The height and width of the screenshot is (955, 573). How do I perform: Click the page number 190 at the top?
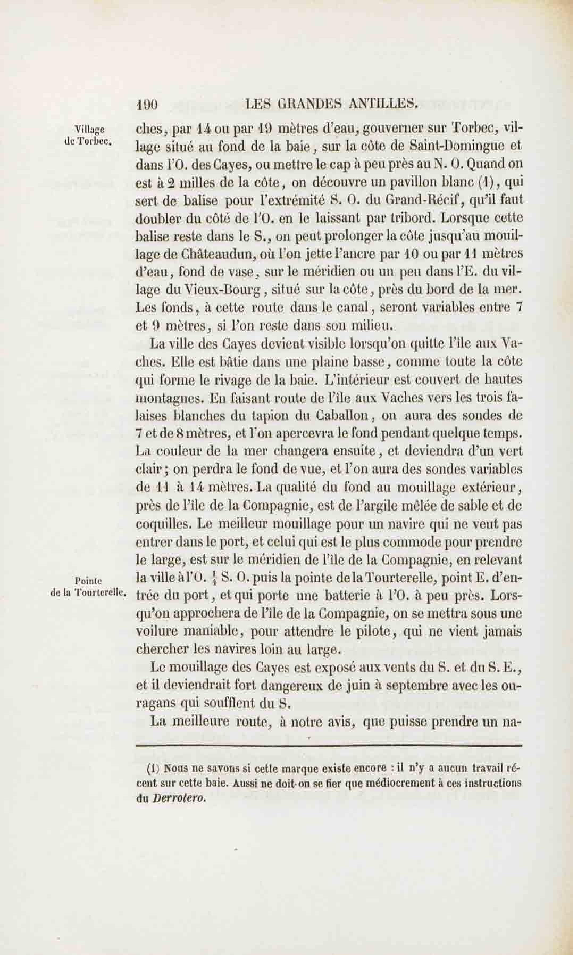[147, 104]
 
